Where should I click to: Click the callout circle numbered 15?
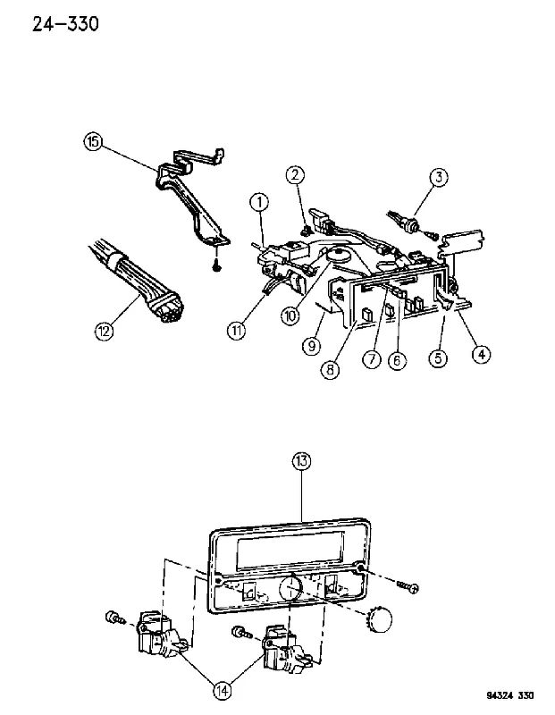coord(93,141)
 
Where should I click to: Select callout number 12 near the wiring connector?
coord(105,330)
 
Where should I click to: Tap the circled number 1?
coord(260,202)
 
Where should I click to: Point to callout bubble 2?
coord(296,174)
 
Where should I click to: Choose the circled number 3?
coord(439,177)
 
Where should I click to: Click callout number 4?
coord(481,353)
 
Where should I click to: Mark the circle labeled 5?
coord(438,357)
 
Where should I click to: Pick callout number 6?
coord(397,360)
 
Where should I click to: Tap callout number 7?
coord(372,359)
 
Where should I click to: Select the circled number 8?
coord(330,369)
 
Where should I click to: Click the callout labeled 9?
coord(311,346)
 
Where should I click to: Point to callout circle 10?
coord(291,315)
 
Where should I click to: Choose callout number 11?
coord(236,330)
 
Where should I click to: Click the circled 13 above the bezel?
coord(301,461)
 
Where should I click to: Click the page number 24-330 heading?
coord(65,24)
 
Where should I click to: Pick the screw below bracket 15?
coord(217,265)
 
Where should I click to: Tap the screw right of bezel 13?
coord(408,587)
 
